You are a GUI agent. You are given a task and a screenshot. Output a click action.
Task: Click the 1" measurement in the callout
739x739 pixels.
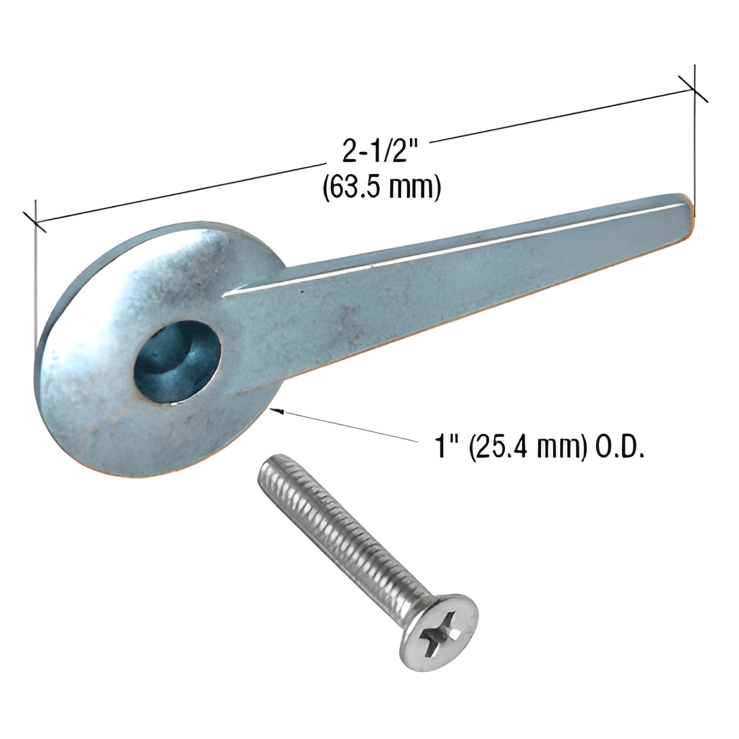[x=444, y=447]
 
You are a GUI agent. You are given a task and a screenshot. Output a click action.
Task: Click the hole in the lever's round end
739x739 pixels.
[x=177, y=362]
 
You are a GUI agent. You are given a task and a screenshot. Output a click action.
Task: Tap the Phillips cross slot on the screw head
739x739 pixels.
[x=439, y=635]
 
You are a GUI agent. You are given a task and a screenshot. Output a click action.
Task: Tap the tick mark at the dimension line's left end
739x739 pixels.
[x=35, y=222]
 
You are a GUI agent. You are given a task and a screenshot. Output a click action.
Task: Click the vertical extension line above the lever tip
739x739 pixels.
[x=694, y=153]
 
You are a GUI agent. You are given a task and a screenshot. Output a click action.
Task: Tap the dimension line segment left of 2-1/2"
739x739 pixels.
[x=180, y=193]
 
